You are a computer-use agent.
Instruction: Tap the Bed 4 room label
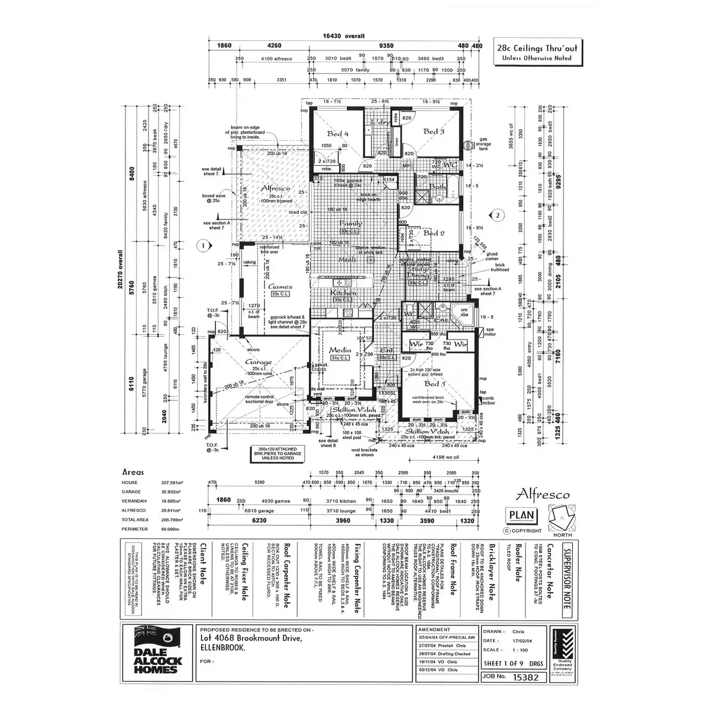(x=338, y=134)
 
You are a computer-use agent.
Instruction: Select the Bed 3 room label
(x=434, y=131)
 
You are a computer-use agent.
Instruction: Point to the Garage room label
(x=259, y=362)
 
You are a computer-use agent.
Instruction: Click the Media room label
(x=340, y=350)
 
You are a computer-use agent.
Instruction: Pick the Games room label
(x=280, y=286)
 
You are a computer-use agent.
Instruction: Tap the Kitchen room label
(x=343, y=293)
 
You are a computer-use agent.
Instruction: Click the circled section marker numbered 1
(x=202, y=244)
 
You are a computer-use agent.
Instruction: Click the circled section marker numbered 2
(x=498, y=215)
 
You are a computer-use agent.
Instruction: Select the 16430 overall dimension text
(x=344, y=36)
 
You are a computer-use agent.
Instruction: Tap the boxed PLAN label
(x=521, y=515)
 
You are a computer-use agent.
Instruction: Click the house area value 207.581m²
(x=172, y=483)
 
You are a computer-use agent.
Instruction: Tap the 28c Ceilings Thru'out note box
(x=537, y=52)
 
